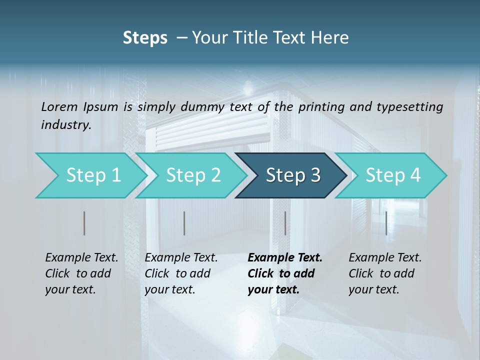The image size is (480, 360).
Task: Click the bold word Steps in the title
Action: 145,38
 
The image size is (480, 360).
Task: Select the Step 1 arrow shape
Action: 90,175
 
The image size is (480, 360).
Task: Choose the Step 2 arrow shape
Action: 192,175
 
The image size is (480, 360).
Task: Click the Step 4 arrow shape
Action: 392,175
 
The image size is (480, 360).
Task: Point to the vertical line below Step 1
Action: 84,223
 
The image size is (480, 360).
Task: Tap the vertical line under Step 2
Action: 184,223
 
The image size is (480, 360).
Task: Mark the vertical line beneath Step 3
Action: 285,223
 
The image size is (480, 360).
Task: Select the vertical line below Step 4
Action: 386,223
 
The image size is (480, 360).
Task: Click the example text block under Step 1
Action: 81,273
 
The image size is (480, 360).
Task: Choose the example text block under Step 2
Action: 181,273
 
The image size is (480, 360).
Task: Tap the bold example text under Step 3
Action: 284,273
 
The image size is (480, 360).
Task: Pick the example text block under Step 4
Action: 385,273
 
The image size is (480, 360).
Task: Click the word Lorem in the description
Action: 59,106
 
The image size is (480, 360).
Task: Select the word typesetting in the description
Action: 409,106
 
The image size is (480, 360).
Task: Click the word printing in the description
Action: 320,106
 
